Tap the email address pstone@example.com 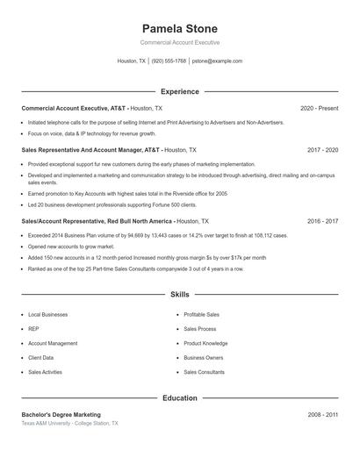point(217,61)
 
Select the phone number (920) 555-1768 point(169,61)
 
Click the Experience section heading point(179,91)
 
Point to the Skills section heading point(179,295)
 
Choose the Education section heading point(179,397)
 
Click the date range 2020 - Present point(319,108)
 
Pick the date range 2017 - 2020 point(322,150)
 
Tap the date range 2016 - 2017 point(322,222)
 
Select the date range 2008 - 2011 point(322,414)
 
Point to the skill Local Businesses point(47,314)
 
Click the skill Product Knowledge point(205,343)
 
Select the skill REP point(34,329)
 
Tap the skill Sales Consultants point(204,372)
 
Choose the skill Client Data point(40,358)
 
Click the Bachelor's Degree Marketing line point(61,414)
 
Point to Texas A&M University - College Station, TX point(69,423)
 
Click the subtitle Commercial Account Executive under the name point(179,42)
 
